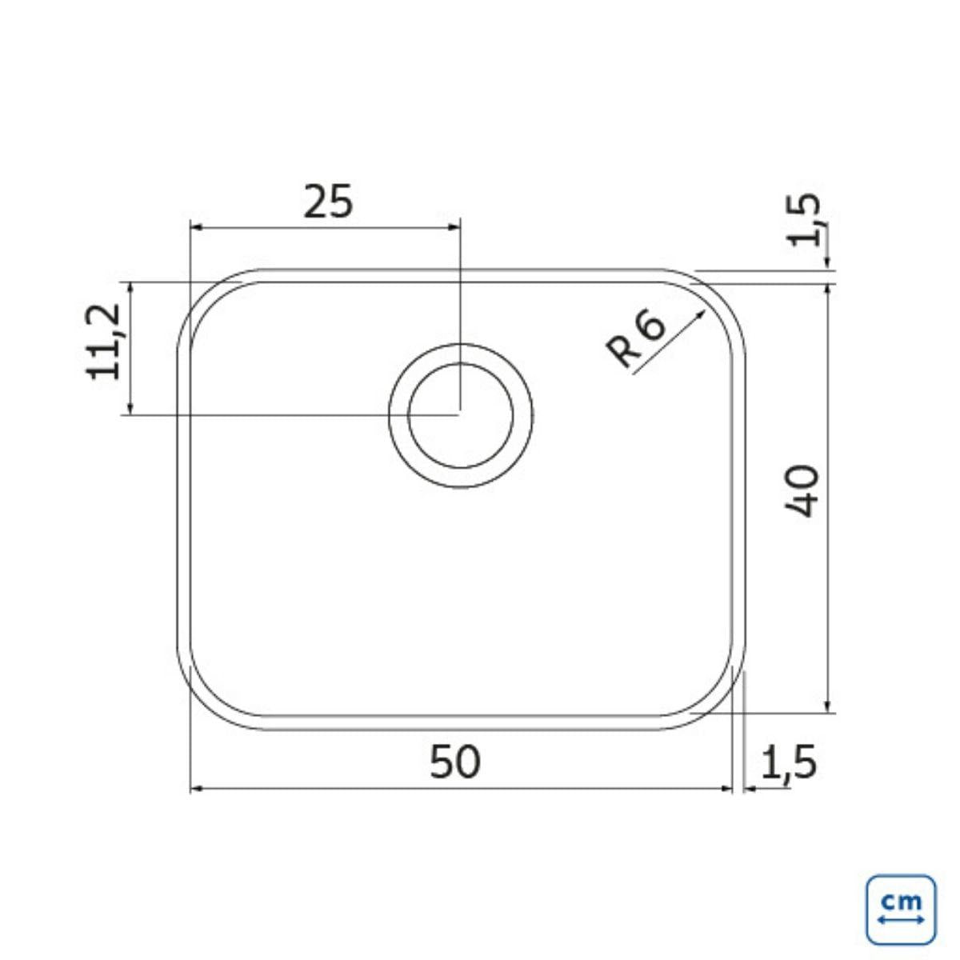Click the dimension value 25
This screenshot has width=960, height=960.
[328, 202]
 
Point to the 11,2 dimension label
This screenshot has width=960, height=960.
[103, 342]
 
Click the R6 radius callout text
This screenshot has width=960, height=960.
[636, 338]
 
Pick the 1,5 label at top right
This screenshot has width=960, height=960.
[803, 220]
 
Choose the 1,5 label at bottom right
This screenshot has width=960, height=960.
[789, 762]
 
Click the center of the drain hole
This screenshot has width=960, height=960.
[460, 415]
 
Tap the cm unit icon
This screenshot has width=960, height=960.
[902, 910]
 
